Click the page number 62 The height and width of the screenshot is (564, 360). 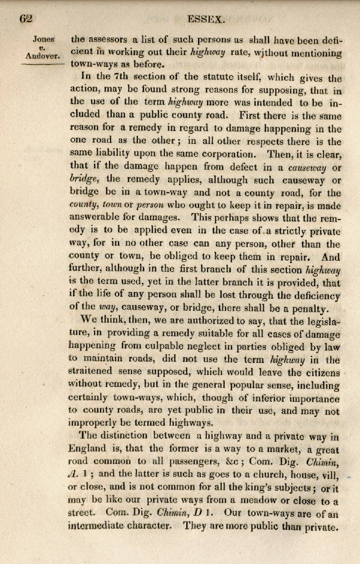26,19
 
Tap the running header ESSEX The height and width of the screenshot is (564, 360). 207,19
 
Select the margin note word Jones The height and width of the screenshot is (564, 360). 44,38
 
